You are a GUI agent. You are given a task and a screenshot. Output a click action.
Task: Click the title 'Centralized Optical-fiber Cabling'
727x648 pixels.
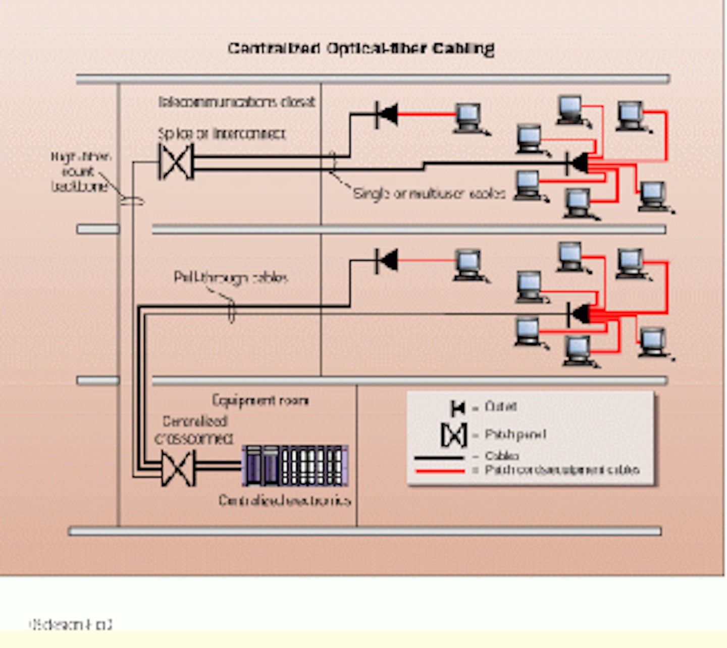click(360, 48)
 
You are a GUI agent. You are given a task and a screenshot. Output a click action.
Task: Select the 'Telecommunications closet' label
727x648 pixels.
click(237, 102)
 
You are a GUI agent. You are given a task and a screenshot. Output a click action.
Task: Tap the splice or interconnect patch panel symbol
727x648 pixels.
click(176, 162)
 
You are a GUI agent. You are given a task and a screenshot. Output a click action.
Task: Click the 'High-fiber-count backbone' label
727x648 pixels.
click(80, 171)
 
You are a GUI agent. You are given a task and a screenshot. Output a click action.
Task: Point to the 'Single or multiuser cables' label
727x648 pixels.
click(429, 193)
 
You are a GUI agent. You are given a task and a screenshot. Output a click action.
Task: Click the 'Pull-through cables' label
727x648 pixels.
click(231, 277)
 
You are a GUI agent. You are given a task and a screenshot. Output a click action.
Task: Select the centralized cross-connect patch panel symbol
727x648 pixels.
click(178, 468)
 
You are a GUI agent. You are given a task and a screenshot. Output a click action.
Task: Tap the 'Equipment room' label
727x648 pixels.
click(260, 400)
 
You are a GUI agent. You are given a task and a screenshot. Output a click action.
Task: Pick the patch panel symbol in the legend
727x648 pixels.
click(453, 435)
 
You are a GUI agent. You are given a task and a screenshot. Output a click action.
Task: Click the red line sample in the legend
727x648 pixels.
click(439, 471)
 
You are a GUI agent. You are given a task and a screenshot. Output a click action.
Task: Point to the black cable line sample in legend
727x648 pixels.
click(439, 457)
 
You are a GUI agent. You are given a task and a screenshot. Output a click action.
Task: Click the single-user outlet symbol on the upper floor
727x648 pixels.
click(386, 114)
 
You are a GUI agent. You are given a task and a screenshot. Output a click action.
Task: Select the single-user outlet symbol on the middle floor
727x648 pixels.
click(386, 261)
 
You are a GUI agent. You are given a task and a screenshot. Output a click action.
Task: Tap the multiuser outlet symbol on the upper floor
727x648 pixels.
click(578, 163)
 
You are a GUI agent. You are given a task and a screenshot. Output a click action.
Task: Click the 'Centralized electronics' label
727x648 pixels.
click(284, 500)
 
